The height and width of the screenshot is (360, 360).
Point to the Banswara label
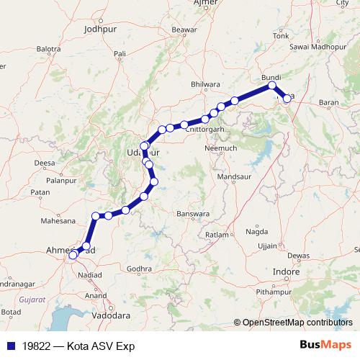192,214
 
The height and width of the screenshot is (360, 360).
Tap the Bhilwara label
205,85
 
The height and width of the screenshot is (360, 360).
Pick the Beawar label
184,30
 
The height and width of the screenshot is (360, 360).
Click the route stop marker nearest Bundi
273,86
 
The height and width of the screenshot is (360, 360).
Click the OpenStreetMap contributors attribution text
297,323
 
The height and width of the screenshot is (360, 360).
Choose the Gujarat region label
32,298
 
